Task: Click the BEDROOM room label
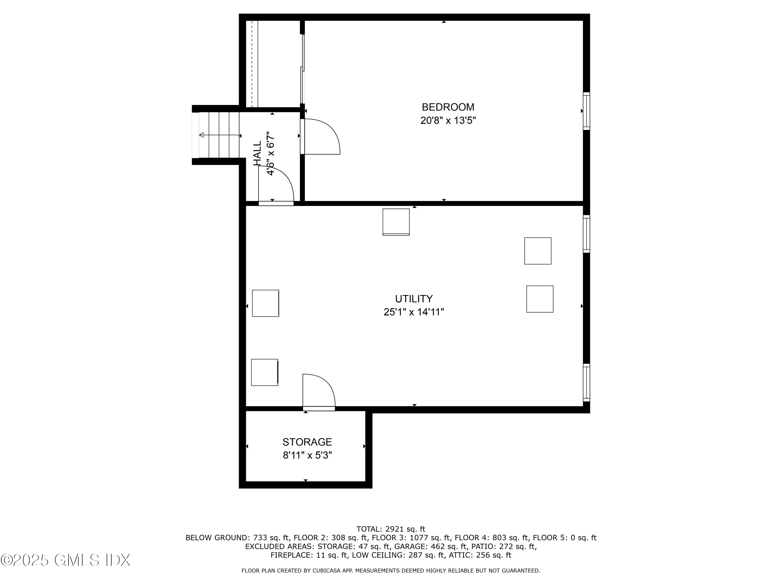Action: (x=448, y=107)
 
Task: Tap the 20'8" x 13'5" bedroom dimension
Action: (x=448, y=121)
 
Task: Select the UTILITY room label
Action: (x=414, y=299)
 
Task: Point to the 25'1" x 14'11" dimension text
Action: (x=414, y=312)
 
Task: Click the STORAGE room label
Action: (x=307, y=442)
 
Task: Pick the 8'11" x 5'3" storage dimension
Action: (x=307, y=455)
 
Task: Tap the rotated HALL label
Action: (x=257, y=153)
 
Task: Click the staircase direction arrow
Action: (x=219, y=135)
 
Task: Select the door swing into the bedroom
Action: (x=321, y=137)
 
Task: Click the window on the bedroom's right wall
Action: (x=586, y=111)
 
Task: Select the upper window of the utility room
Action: (x=586, y=234)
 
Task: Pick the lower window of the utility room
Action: (x=586, y=382)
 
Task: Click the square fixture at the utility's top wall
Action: (x=396, y=222)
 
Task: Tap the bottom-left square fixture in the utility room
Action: (x=264, y=372)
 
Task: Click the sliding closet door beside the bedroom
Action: (x=302, y=69)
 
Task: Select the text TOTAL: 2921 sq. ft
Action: (x=391, y=529)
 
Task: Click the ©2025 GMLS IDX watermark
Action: (x=65, y=560)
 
